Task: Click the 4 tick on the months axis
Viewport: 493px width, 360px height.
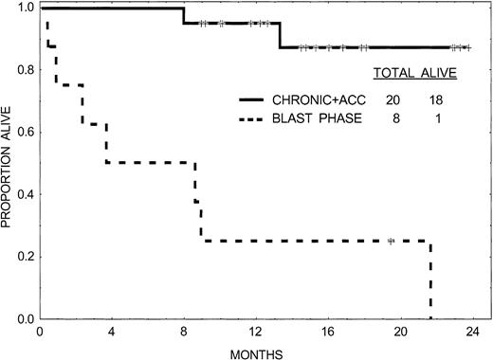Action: [111, 333]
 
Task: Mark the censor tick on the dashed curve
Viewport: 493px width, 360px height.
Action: [391, 242]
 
